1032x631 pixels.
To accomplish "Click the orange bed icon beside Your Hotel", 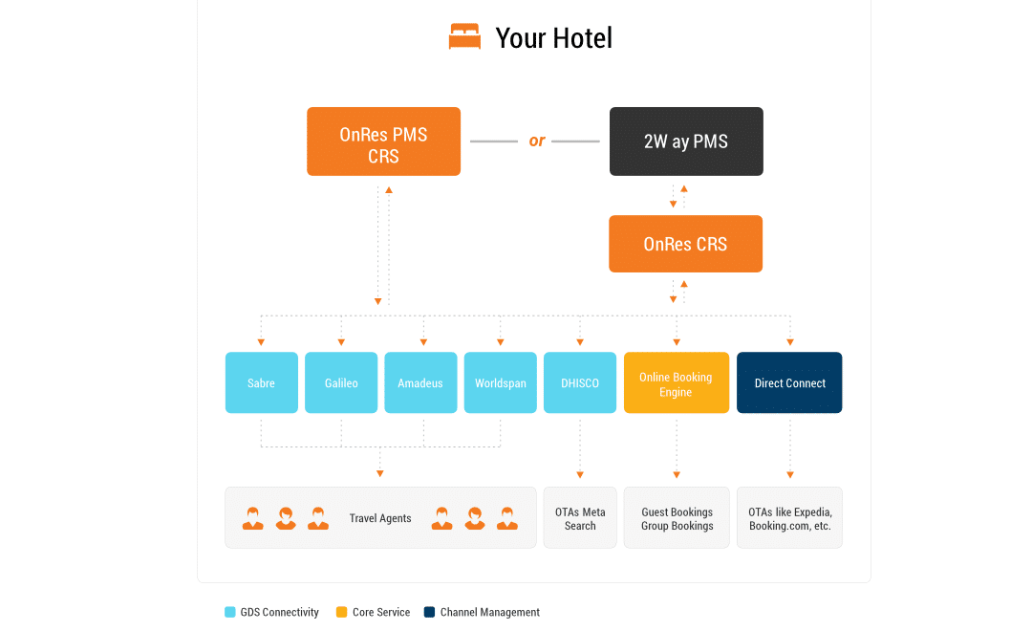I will pos(464,37).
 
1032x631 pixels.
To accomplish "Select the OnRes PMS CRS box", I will pos(383,141).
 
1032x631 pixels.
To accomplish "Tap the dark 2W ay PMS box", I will pos(686,141).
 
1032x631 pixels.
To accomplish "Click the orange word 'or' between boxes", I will pos(536,141).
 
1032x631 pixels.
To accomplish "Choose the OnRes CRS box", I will pos(685,244).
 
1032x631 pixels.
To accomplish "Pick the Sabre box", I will pos(261,382).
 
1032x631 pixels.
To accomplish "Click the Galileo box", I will pos(341,382).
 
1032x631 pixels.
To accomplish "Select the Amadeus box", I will pos(420,382).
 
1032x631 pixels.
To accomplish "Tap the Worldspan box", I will pos(500,382).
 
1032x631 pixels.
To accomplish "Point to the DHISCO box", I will pos(580,382).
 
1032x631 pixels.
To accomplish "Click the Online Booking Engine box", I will pos(676,382).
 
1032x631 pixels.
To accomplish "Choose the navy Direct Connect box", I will pos(789,382).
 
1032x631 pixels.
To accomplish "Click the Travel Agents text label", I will pos(380,518).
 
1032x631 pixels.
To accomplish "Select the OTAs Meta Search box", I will pos(580,518).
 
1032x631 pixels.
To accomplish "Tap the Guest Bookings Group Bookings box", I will pos(677,518).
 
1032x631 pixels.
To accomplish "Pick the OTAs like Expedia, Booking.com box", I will pos(789,518).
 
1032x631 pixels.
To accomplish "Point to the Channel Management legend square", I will pos(430,612).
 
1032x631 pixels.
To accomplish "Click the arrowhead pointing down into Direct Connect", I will pos(790,342).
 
